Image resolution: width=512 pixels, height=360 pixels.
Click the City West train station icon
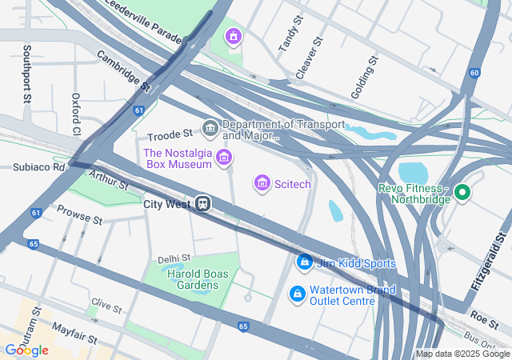click(204, 204)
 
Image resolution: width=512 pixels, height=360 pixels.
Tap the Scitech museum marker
click(262, 184)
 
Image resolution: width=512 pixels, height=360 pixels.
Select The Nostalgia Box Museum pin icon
click(224, 158)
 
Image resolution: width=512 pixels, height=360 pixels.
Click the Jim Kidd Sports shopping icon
click(304, 262)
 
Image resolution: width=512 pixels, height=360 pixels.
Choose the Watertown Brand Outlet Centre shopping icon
click(298, 295)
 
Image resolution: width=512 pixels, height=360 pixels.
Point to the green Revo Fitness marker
click(462, 193)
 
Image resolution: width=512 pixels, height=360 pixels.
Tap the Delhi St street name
click(174, 258)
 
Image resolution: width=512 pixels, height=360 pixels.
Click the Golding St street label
click(365, 78)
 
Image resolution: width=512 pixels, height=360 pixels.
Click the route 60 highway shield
click(474, 74)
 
